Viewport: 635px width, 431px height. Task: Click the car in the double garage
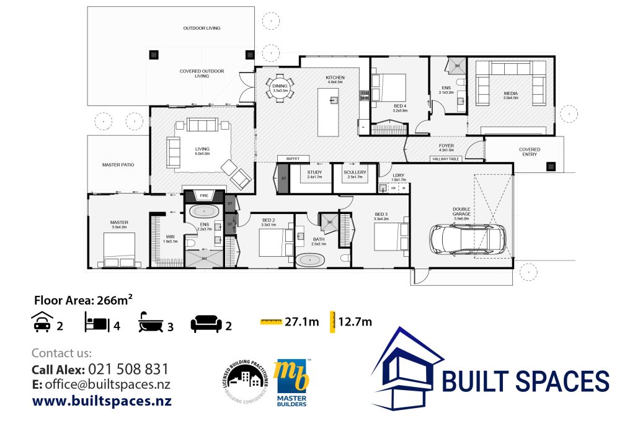(x=467, y=239)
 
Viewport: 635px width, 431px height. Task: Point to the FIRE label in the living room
(x=203, y=195)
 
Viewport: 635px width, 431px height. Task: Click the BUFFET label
(x=293, y=159)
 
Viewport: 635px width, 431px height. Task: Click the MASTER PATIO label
(x=118, y=165)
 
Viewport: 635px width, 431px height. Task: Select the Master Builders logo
(x=291, y=383)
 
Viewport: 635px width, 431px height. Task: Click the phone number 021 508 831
(x=128, y=369)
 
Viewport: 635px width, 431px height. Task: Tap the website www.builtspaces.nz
(x=102, y=401)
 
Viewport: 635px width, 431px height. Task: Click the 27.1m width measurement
(x=301, y=321)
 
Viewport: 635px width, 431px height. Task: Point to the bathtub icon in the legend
(x=151, y=323)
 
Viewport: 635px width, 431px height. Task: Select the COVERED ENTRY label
(x=529, y=152)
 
